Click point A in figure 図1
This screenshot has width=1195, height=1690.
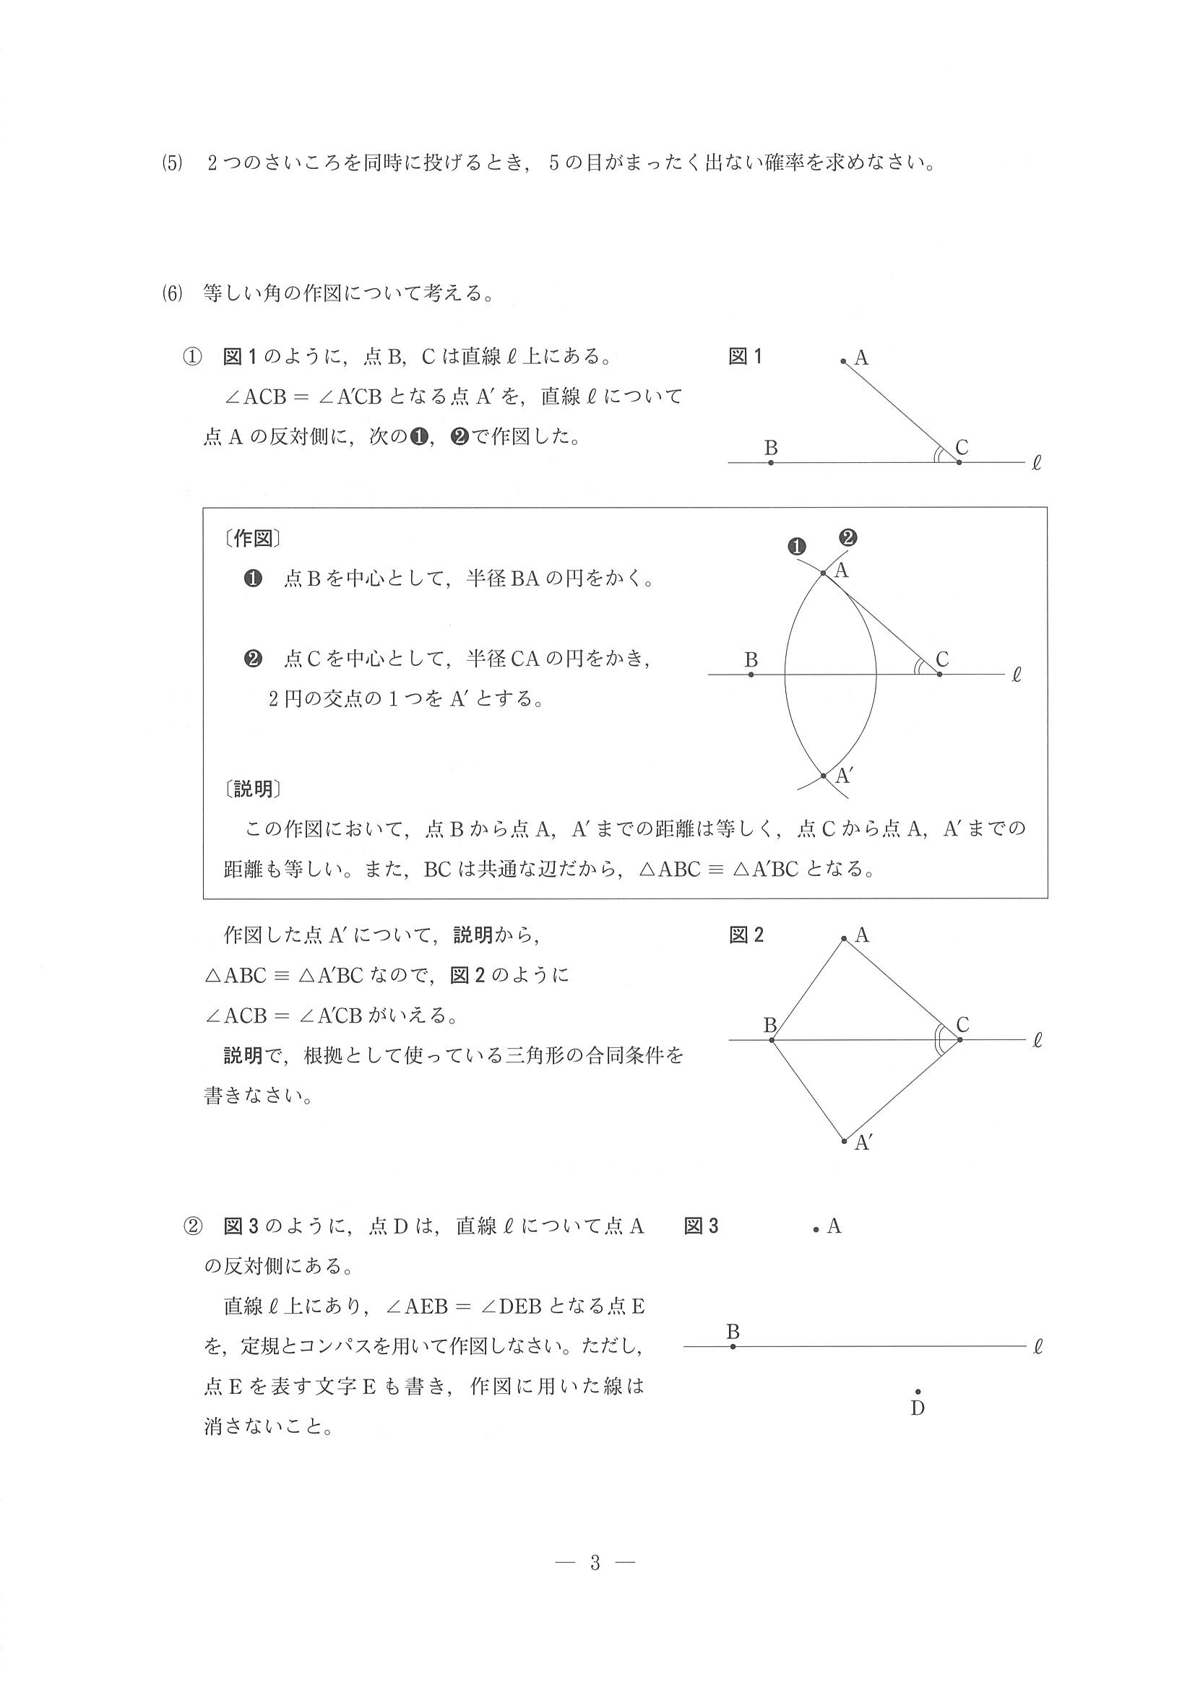(843, 360)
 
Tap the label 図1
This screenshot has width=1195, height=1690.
(745, 357)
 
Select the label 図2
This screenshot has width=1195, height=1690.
(746, 935)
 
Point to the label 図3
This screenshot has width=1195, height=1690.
(701, 1226)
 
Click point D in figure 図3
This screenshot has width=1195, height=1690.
(918, 1391)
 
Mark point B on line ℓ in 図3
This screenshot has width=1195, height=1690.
(733, 1346)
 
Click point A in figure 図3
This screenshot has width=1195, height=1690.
(816, 1230)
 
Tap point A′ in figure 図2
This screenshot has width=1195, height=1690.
(845, 1141)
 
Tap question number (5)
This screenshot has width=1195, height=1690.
(171, 162)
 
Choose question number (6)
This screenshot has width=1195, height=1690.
(171, 294)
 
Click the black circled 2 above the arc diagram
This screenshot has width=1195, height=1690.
(848, 537)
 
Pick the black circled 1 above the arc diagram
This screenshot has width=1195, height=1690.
(797, 546)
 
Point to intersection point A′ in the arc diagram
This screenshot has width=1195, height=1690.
(823, 775)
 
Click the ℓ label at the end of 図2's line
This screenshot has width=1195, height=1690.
(1037, 1041)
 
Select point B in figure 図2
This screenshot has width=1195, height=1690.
(772, 1039)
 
